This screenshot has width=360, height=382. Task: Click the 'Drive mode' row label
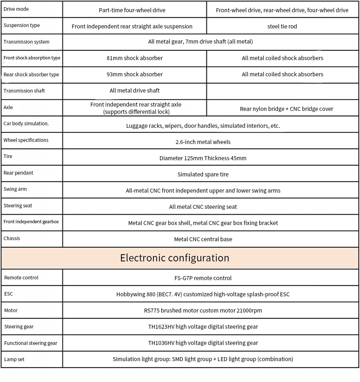point(16,9)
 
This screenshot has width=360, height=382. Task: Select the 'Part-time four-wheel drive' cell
point(132,10)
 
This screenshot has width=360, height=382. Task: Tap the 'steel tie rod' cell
point(282,26)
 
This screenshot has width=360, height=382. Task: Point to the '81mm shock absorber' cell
point(134,58)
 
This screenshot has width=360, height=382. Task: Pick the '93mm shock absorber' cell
point(134,74)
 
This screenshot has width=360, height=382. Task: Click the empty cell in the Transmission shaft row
point(283,91)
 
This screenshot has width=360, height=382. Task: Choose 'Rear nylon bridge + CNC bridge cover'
point(287,109)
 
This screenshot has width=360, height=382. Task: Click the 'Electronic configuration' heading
point(175,258)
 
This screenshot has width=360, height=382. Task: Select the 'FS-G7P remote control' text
point(203,278)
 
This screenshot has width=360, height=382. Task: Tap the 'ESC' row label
point(9,294)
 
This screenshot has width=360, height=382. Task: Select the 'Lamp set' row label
point(14,359)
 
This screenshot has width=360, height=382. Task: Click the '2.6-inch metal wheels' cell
point(203,142)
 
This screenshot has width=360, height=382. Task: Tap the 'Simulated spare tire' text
point(203,174)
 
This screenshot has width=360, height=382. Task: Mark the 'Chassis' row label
point(12,238)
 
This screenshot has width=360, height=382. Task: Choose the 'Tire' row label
point(8,156)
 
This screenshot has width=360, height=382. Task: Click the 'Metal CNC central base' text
point(203,239)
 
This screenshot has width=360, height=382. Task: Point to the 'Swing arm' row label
point(15,189)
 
